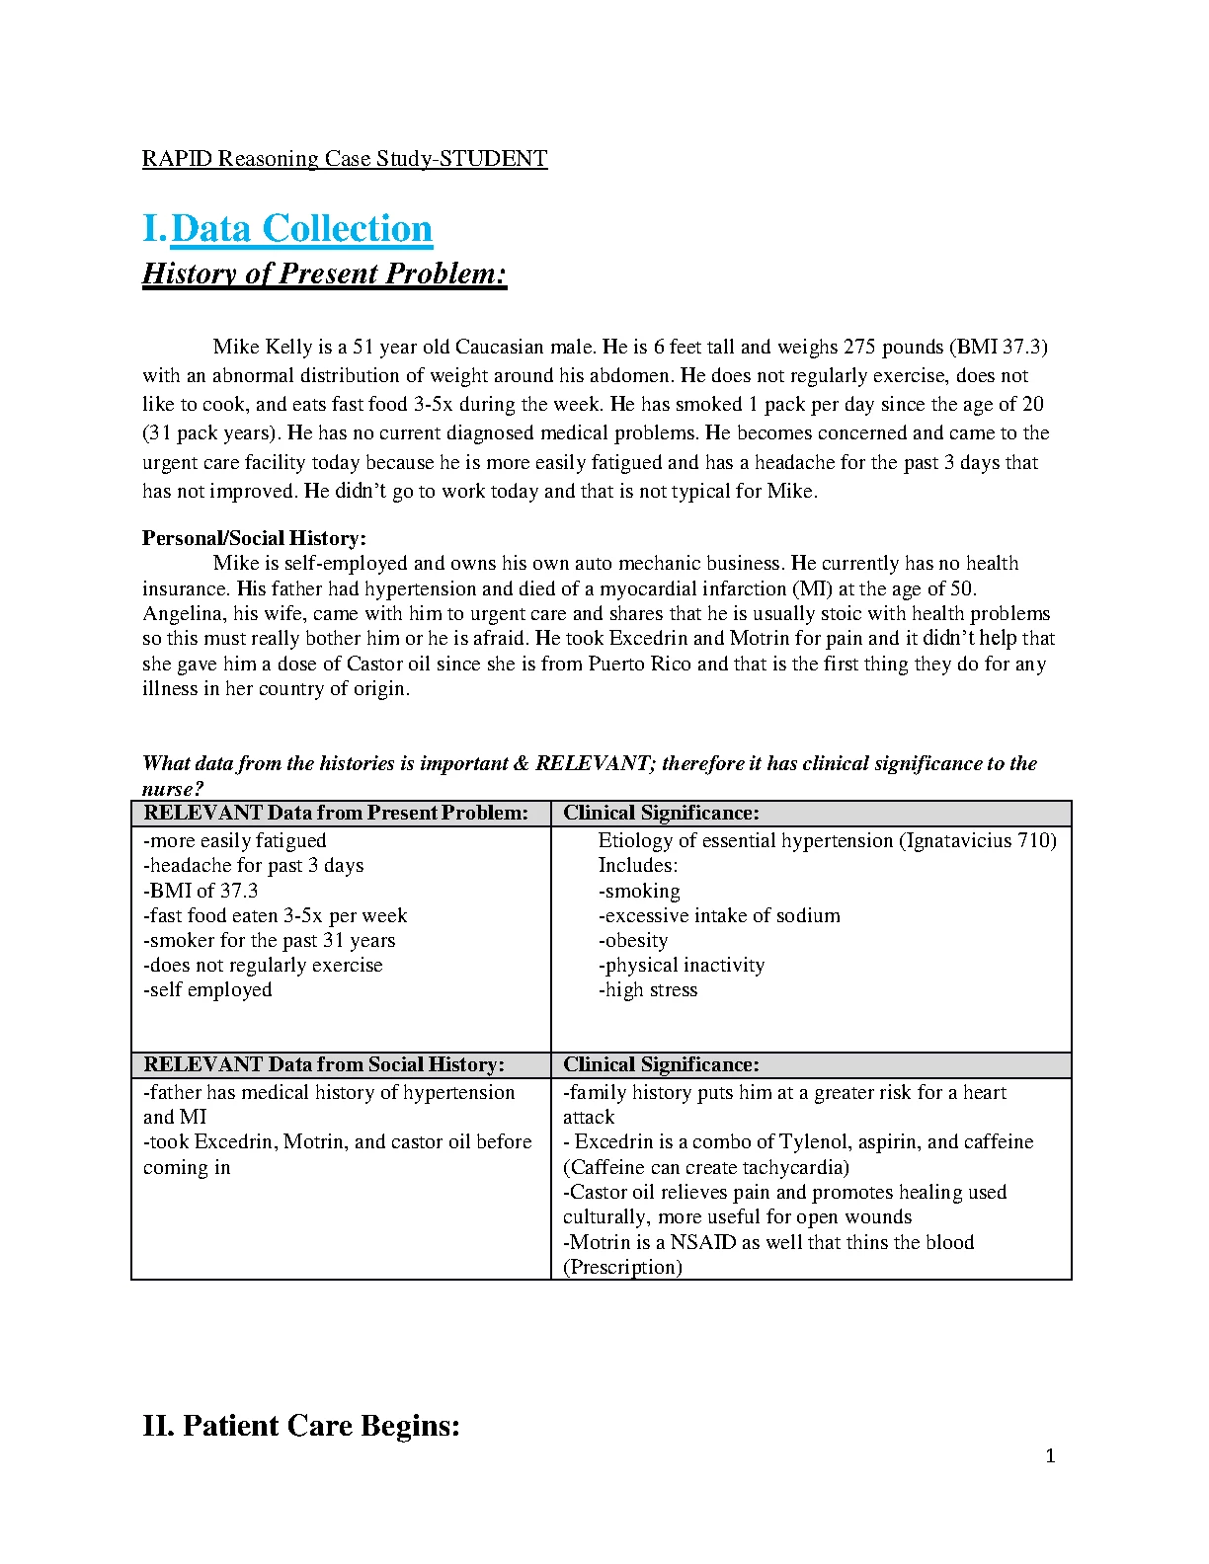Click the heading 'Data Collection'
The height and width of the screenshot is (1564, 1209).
[x=301, y=229]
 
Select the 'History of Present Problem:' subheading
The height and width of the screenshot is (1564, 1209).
[x=325, y=274]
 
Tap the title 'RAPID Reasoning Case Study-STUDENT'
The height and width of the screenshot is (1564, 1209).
[x=345, y=159]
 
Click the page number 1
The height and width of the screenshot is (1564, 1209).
[x=1050, y=1455]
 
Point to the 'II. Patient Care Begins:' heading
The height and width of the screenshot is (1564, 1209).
[x=301, y=1426]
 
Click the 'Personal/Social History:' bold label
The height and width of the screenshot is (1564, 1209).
[x=254, y=538]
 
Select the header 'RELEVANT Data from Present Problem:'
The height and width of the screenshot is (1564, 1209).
[x=336, y=814]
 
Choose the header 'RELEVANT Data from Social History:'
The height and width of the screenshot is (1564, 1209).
[x=324, y=1065]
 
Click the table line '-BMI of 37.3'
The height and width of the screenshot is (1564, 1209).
[x=201, y=891]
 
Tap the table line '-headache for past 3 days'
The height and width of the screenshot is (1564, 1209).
[x=254, y=866]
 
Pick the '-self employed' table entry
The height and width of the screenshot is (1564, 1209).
[x=207, y=990]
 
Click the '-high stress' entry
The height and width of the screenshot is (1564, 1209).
[x=648, y=990]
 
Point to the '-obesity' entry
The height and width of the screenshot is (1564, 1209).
[x=633, y=941]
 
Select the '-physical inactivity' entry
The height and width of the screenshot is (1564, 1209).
[x=682, y=966]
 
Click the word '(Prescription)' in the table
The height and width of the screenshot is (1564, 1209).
[x=622, y=1268]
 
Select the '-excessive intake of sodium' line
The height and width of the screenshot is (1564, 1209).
[x=719, y=916]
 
